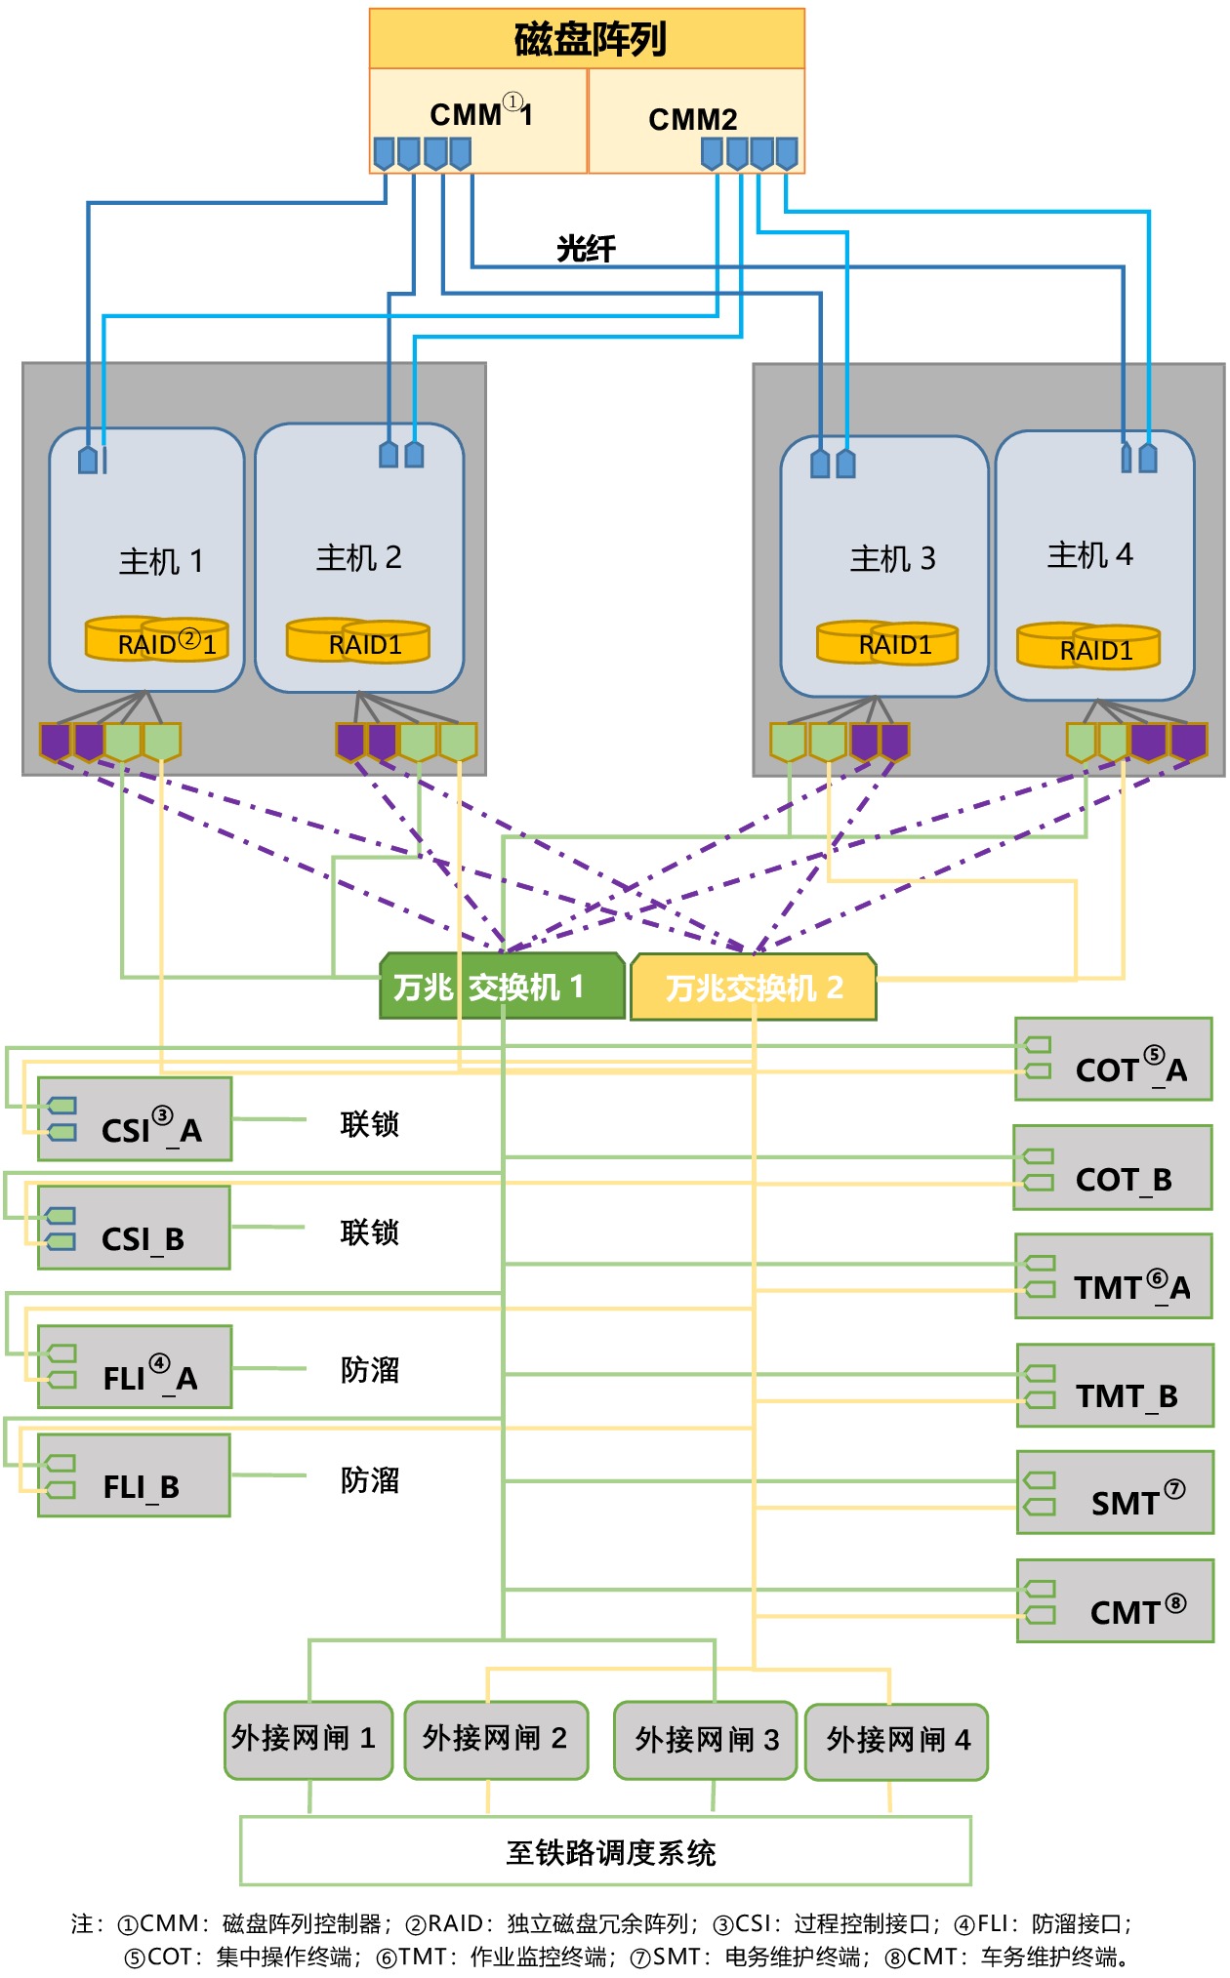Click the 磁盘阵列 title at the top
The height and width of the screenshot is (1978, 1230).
coord(588,40)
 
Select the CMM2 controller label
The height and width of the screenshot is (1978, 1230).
coord(692,119)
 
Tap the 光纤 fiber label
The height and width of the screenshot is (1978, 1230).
coord(586,249)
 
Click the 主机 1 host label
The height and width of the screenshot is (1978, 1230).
coord(161,561)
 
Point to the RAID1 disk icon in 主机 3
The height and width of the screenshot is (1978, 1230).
coord(887,643)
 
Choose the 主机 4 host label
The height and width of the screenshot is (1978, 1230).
coord(1089,555)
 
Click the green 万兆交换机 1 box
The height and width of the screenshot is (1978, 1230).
coord(502,987)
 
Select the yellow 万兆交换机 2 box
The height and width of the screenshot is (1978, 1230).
coord(754,988)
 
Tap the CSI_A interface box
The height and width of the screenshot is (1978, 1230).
coord(135,1119)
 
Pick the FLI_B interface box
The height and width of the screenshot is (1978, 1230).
coord(135,1475)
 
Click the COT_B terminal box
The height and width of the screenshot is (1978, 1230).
coord(1113,1168)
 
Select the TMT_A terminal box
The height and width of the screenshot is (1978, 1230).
coord(1114,1276)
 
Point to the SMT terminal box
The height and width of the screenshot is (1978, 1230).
coord(1115,1492)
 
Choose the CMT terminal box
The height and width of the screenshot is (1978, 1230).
coord(1115,1601)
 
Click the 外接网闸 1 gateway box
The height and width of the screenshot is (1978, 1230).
coord(308,1740)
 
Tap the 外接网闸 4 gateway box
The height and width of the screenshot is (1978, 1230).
coord(897,1742)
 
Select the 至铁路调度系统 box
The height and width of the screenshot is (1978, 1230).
coord(606,1851)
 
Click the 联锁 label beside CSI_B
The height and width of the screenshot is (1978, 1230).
coord(369,1232)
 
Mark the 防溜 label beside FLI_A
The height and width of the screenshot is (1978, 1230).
coord(369,1370)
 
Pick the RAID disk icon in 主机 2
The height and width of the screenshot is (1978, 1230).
coord(358,641)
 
